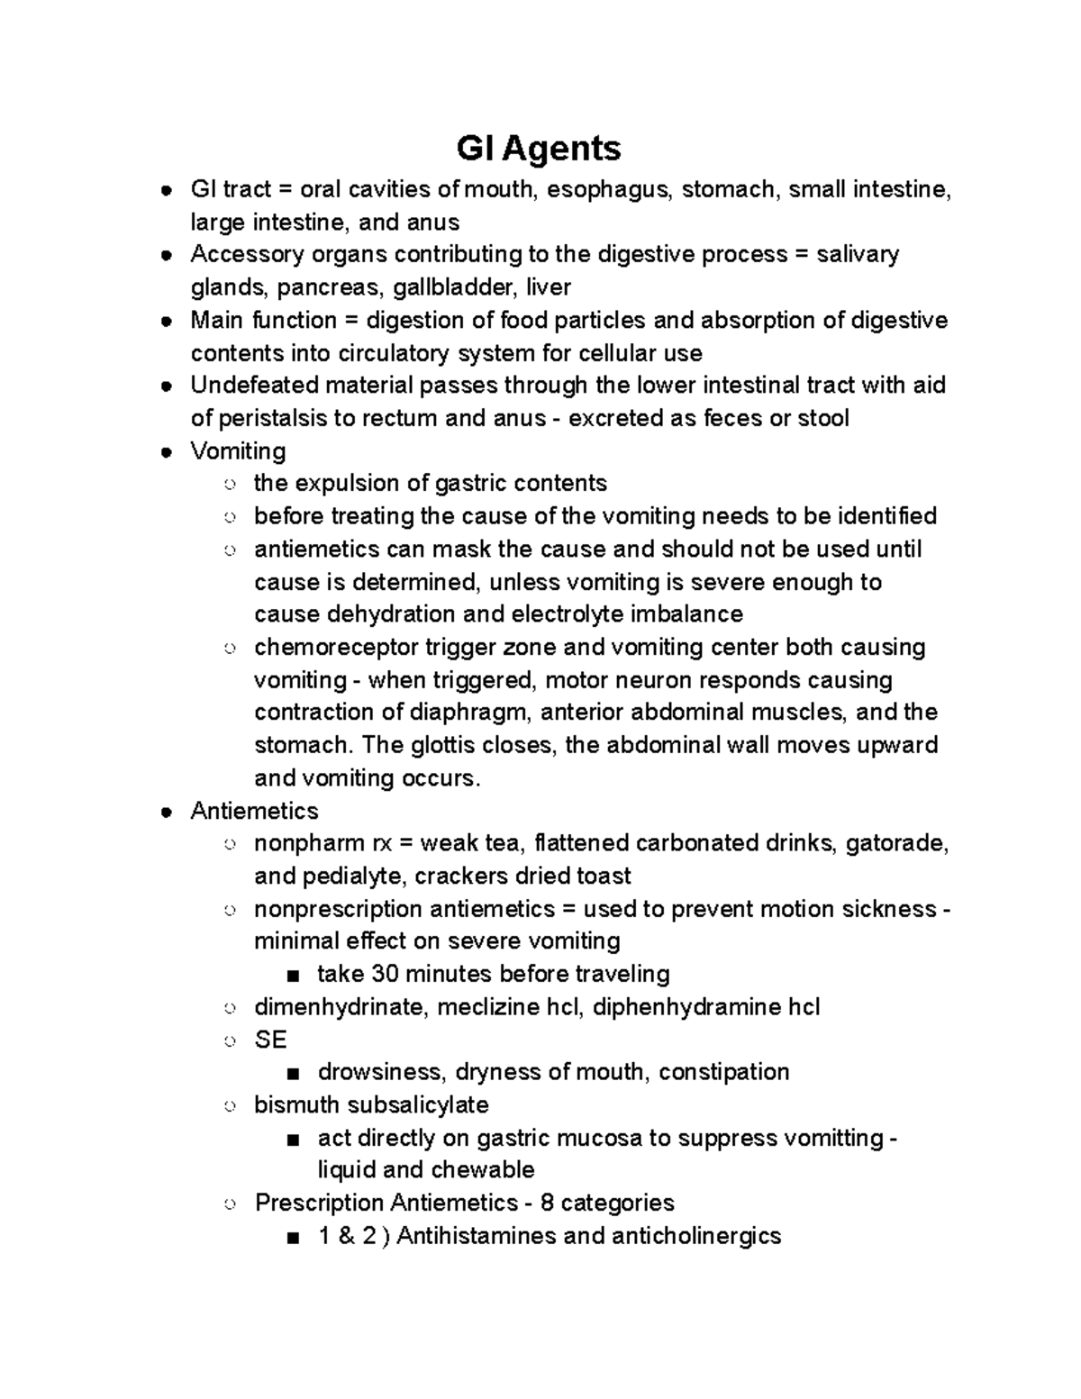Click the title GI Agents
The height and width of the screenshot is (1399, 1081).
pos(539,148)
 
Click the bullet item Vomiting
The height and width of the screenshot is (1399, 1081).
pos(238,450)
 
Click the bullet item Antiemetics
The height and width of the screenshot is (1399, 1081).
pos(254,811)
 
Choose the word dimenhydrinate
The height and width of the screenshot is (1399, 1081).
pos(338,1006)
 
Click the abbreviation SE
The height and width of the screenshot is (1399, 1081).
pos(270,1040)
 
